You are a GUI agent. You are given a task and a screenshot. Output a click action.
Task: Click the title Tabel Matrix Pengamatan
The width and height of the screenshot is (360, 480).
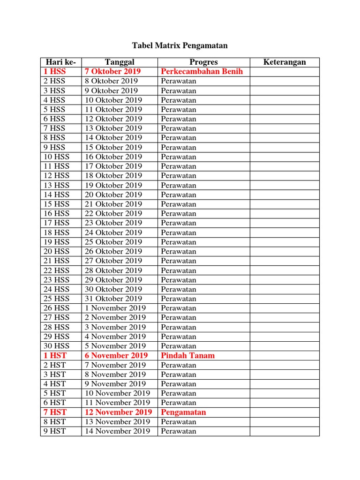tap(180, 45)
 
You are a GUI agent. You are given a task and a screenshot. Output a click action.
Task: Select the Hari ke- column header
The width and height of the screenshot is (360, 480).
tap(61, 62)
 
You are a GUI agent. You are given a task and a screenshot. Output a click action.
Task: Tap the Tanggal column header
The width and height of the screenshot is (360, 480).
tap(120, 62)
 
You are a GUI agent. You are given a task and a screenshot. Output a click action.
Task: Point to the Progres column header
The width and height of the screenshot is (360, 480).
tap(203, 62)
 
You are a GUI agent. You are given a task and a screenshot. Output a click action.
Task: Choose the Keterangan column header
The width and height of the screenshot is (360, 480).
tap(285, 62)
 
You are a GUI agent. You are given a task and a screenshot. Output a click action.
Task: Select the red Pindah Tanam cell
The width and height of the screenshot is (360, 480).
tap(187, 355)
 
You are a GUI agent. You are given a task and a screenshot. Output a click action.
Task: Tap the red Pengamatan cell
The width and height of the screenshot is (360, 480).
tap(183, 412)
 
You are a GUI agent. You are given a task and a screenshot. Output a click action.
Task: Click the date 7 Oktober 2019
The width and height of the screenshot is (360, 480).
tap(113, 72)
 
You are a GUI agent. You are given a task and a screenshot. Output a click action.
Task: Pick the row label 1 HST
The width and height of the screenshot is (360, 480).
tap(55, 355)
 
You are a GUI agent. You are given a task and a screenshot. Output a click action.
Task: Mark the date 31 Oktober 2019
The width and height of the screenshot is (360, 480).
tap(113, 299)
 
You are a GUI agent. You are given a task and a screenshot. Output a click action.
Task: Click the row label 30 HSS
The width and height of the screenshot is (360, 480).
tap(56, 346)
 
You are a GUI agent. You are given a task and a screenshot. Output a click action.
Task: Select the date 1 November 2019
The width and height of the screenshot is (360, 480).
tap(115, 308)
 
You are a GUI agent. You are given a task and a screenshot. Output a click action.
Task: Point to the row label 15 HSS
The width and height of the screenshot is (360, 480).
tap(56, 204)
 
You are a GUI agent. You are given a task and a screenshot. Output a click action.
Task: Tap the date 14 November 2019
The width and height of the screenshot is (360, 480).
tap(118, 431)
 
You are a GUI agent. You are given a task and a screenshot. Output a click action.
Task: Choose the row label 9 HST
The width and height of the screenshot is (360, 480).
tap(55, 431)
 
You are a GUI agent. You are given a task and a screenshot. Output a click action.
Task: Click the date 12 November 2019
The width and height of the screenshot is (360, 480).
tap(119, 412)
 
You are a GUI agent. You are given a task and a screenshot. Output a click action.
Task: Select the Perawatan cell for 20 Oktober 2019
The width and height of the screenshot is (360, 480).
tap(179, 195)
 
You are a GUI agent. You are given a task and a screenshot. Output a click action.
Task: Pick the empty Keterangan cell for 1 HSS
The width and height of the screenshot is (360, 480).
tap(285, 72)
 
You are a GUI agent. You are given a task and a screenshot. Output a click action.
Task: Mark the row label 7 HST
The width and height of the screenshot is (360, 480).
tap(55, 412)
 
